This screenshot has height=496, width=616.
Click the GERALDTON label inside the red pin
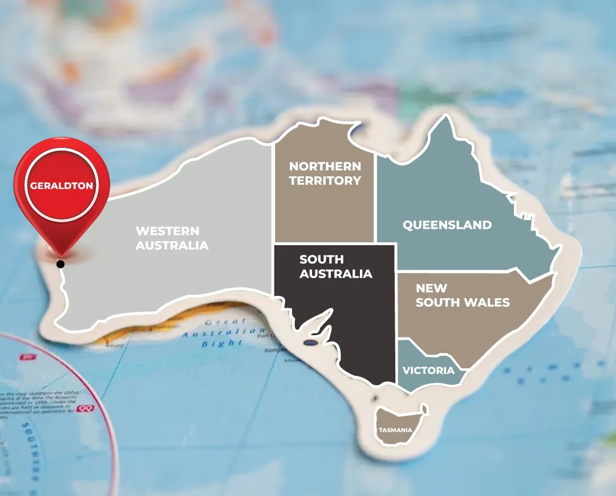tap(62, 186)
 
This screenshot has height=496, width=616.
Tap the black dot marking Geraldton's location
tap(60, 263)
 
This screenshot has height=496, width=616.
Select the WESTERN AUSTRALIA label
tap(172, 238)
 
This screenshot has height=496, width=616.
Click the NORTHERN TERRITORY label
tap(325, 173)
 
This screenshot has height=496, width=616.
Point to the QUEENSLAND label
tap(447, 225)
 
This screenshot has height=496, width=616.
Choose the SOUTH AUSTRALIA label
tap(335, 266)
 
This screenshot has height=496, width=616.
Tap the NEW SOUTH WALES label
tap(462, 295)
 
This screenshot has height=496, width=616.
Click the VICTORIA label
tap(428, 371)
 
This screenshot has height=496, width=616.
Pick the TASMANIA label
tap(395, 430)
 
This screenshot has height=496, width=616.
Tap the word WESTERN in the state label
tap(167, 231)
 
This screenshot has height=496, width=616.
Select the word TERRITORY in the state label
tap(325, 180)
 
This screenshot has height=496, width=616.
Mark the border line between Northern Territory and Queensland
tap(375, 194)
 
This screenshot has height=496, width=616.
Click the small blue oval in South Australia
tap(310, 343)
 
